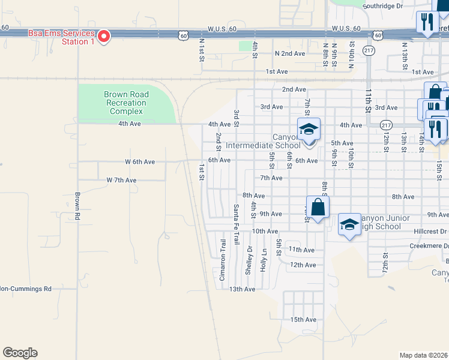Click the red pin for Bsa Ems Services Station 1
(104, 37)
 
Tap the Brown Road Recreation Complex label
(124, 103)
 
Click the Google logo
(20, 353)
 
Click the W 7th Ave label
(121, 180)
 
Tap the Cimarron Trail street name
(222, 260)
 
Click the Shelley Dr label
(249, 259)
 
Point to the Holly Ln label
(263, 260)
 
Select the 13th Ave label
(243, 289)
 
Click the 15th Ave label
(303, 320)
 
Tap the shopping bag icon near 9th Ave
(318, 208)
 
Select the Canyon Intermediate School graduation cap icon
(309, 129)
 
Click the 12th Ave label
(303, 265)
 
